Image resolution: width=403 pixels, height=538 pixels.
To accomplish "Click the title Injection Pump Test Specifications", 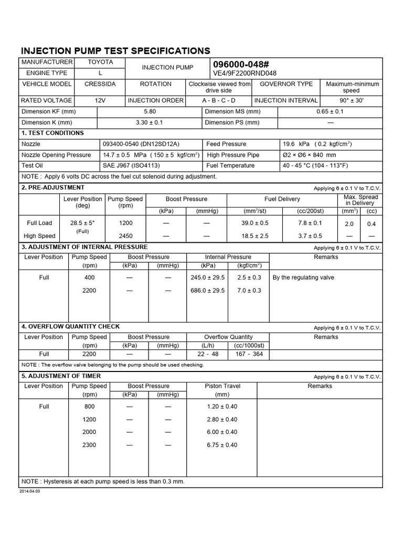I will click(x=115, y=50).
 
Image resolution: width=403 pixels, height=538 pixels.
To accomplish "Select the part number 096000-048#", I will click(x=238, y=63).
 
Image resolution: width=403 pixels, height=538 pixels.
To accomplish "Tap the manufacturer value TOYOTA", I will click(x=100, y=62).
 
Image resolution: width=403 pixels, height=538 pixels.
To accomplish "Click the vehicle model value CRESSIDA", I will click(x=100, y=84).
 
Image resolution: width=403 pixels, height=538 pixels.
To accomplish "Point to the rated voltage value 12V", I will click(x=100, y=100).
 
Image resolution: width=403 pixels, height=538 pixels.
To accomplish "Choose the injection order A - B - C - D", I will click(x=219, y=100).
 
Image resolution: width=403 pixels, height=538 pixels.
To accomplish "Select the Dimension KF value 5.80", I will click(x=150, y=112).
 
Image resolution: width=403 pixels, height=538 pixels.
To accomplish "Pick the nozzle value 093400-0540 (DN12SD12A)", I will click(x=141, y=144).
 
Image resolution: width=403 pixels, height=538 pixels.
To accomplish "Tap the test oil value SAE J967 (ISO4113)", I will click(x=129, y=165).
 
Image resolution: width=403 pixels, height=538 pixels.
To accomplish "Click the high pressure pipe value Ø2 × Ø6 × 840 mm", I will click(x=309, y=155).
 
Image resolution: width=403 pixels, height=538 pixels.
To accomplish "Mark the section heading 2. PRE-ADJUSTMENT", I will click(x=52, y=188).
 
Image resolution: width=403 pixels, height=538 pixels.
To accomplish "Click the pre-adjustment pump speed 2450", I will click(x=125, y=236).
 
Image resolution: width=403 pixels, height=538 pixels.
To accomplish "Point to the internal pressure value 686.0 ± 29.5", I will click(x=208, y=291).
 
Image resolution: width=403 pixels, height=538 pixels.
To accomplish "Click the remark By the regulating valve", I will click(x=303, y=277).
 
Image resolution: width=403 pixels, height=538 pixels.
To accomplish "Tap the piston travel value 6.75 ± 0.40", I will click(x=222, y=445).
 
